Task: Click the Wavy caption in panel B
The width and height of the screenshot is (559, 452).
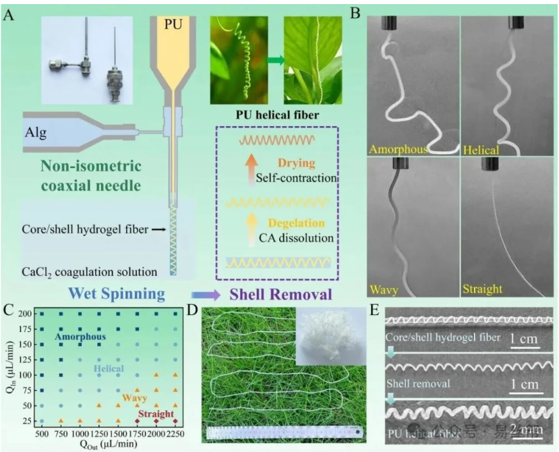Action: tap(383, 289)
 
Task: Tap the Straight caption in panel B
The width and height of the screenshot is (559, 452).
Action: tap(482, 289)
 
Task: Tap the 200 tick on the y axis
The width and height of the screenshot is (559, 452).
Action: tap(25, 314)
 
